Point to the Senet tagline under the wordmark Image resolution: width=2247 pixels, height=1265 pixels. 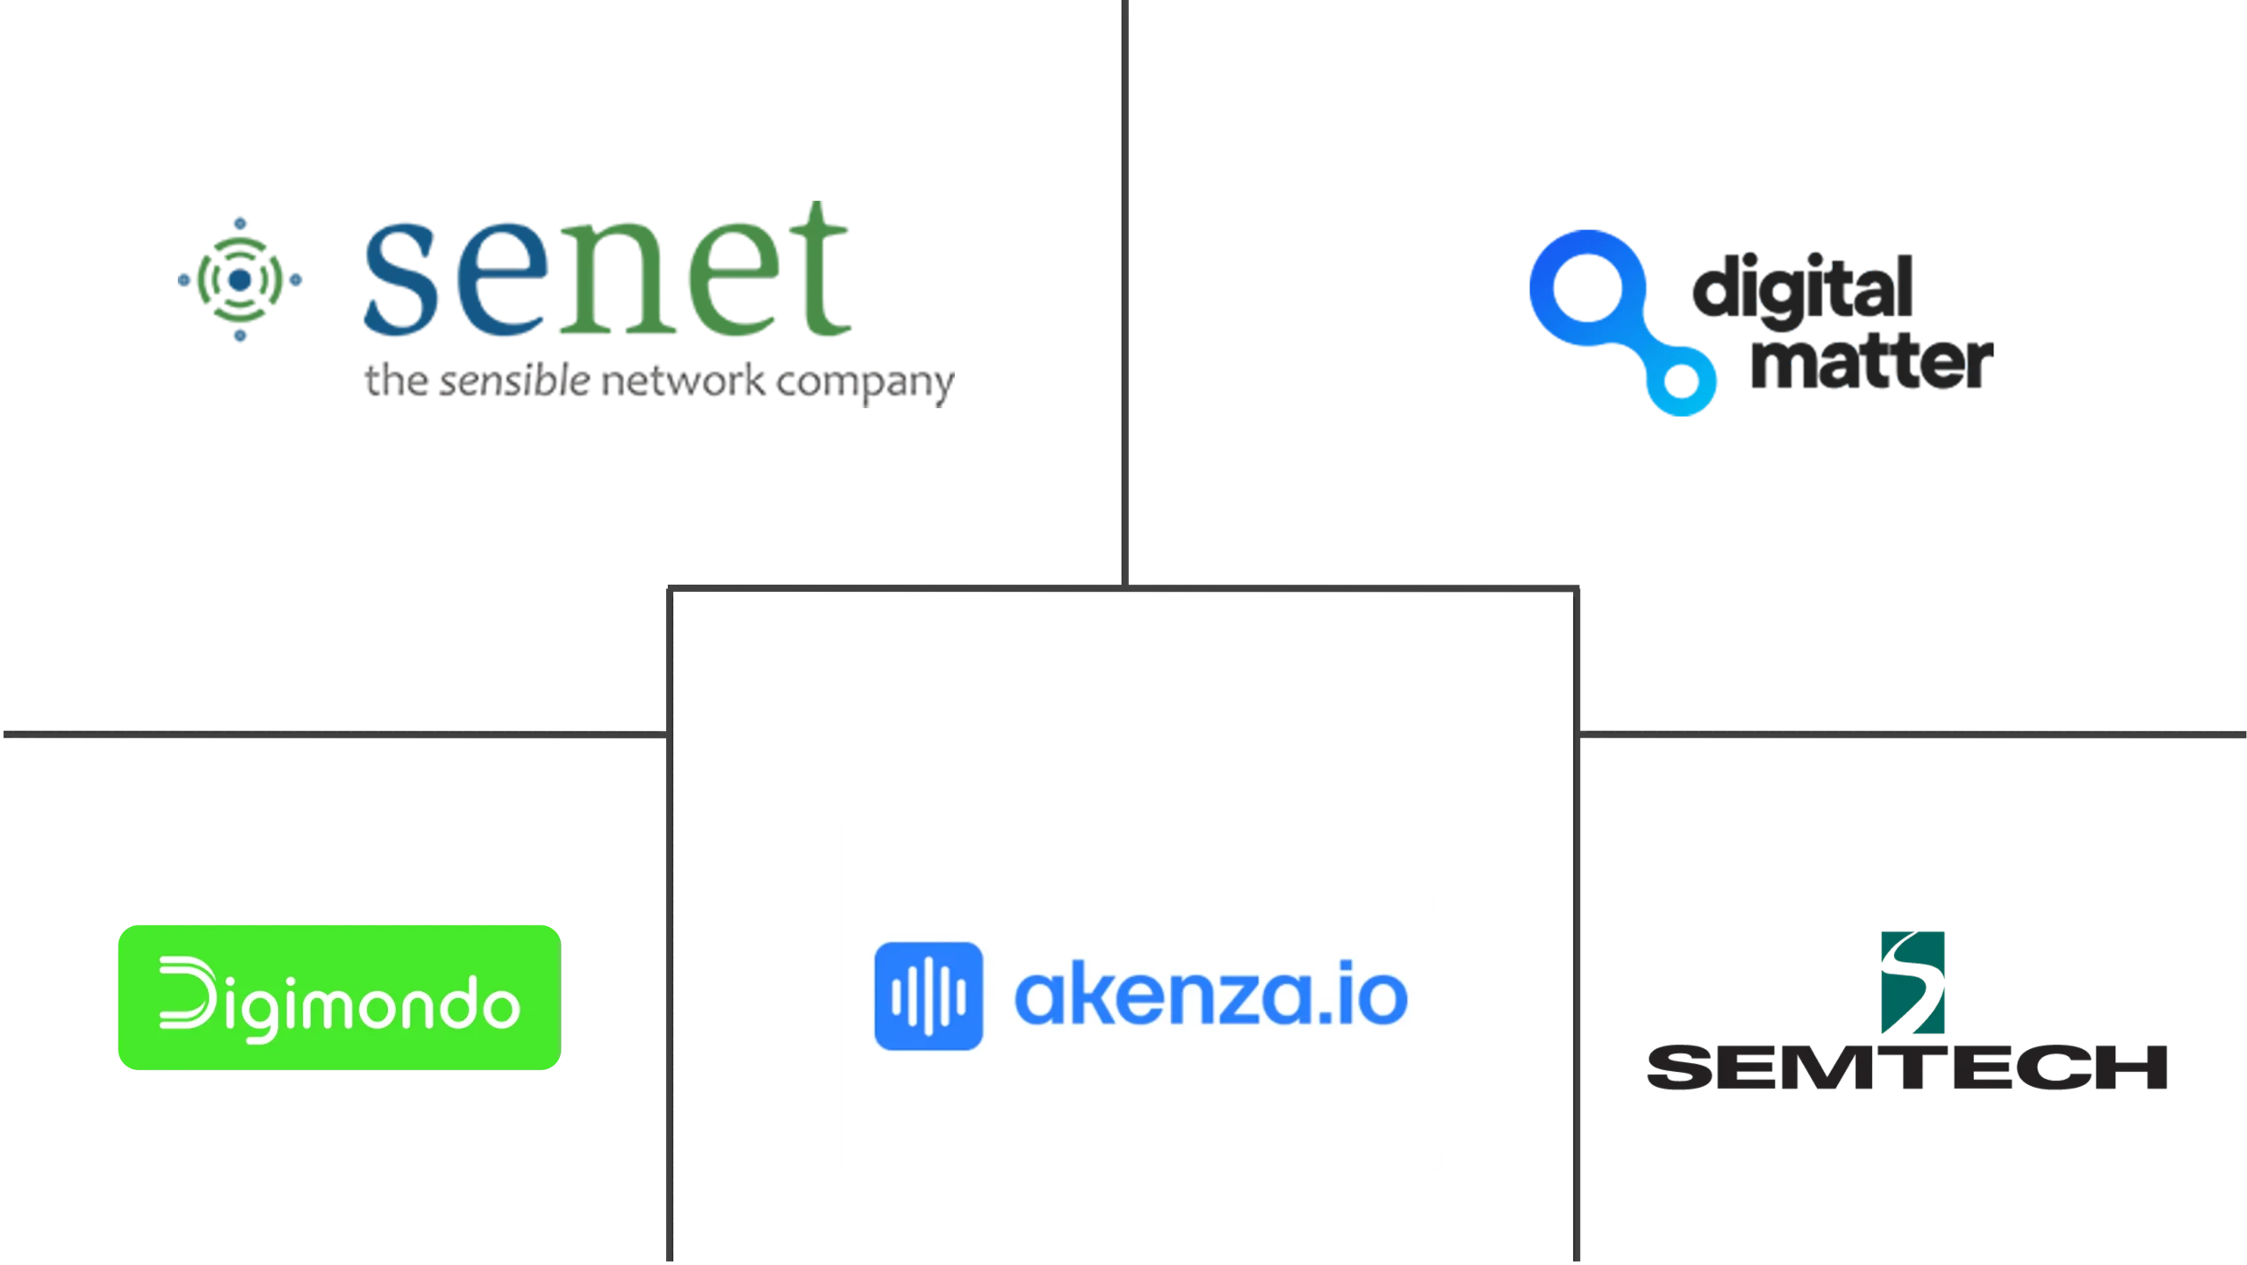pyautogui.click(x=658, y=384)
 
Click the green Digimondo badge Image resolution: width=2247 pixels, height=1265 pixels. pyautogui.click(x=338, y=997)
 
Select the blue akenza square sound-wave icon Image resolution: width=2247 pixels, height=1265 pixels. pyautogui.click(x=928, y=995)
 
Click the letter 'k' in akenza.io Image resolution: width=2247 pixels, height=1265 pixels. pyautogui.click(x=1100, y=995)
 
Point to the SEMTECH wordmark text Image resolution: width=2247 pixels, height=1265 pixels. pyautogui.click(x=1906, y=1067)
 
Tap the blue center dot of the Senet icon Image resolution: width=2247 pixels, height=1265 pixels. pyautogui.click(x=241, y=279)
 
